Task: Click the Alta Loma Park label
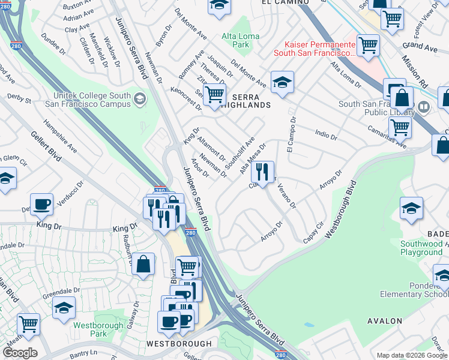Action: pyautogui.click(x=240, y=40)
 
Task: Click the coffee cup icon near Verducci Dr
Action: pyautogui.click(x=41, y=204)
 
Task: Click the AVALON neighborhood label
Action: pyautogui.click(x=385, y=321)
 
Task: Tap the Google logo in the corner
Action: pyautogui.click(x=20, y=353)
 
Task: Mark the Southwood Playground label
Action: pyautogui.click(x=421, y=248)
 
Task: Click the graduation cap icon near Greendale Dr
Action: pyautogui.click(x=64, y=308)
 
